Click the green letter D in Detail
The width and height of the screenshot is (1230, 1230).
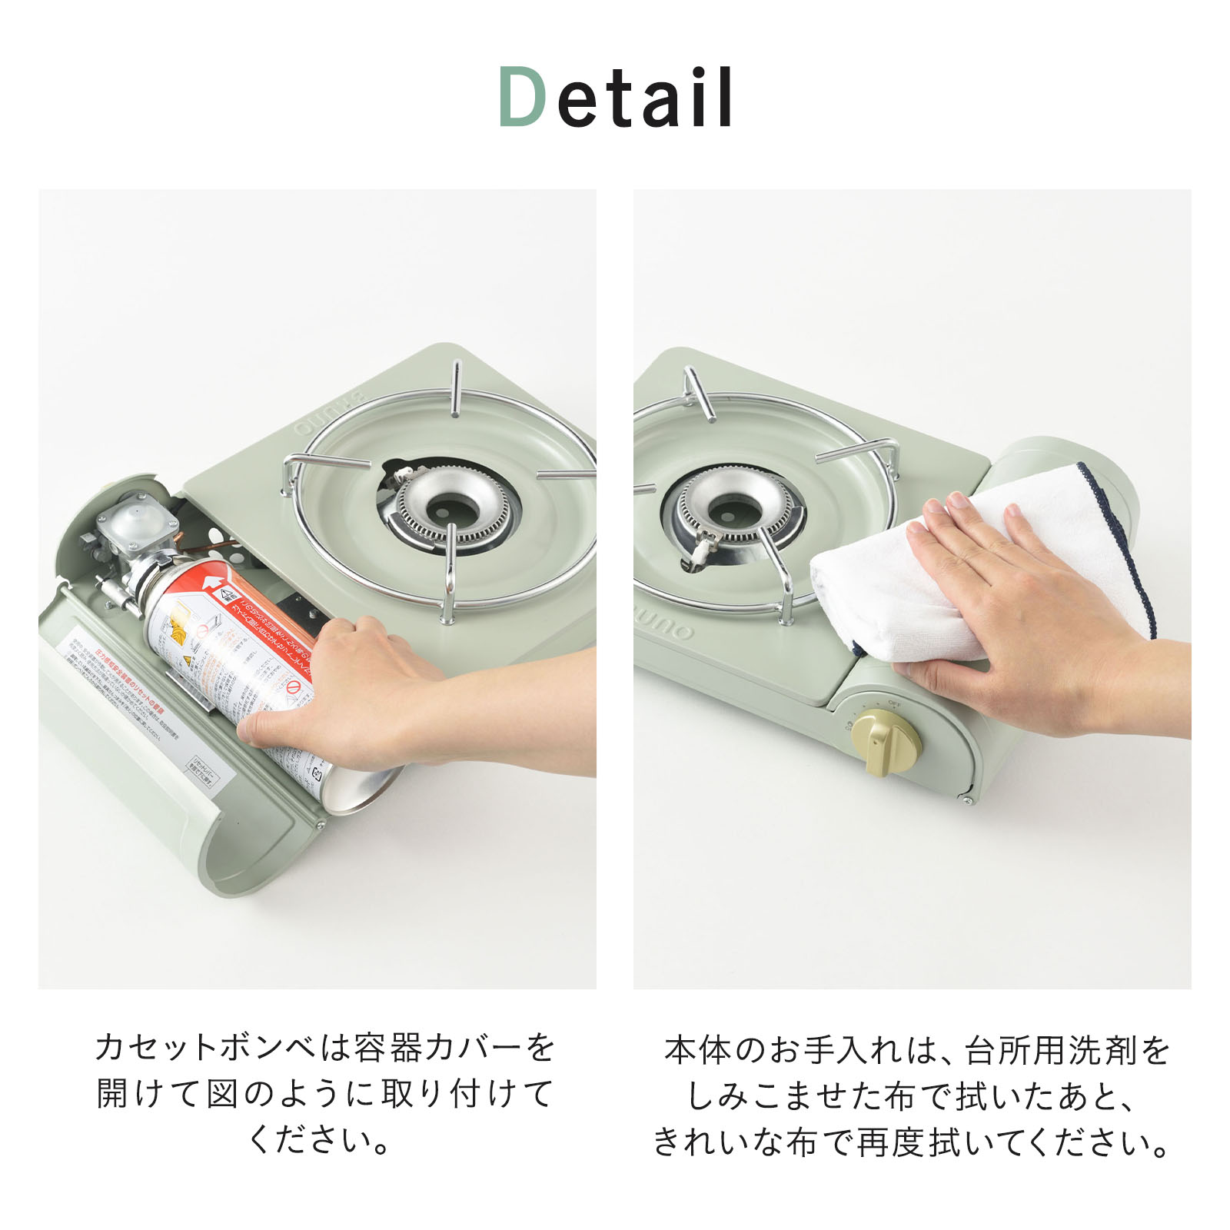coord(523,97)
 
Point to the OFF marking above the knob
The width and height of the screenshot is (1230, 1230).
coord(894,703)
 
